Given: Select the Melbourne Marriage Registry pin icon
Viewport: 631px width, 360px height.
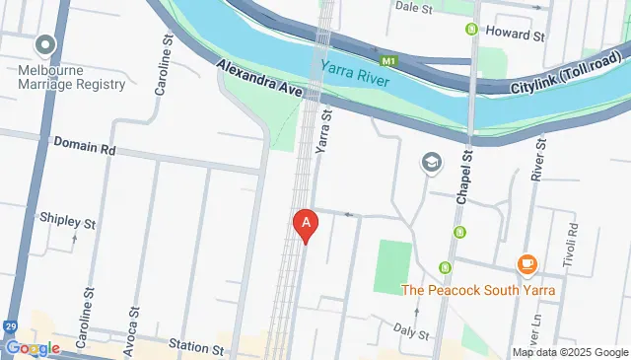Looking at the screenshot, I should [44, 45].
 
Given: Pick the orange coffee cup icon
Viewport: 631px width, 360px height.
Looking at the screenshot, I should [526, 264].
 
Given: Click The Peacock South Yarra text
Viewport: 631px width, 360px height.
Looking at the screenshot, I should [478, 290].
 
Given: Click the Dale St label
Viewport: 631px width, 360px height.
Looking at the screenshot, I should [414, 5].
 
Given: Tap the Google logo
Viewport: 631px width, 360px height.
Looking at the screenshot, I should [32, 347].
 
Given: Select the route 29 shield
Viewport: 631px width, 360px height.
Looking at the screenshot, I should [10, 325].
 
